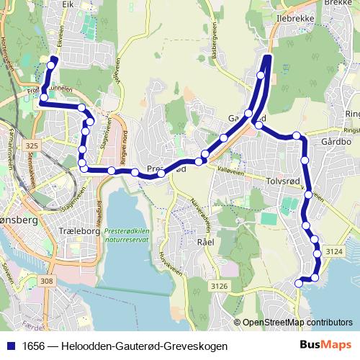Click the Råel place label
[205, 242]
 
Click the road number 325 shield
[31, 146]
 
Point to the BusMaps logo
[328, 346]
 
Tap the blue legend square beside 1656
[12, 346]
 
